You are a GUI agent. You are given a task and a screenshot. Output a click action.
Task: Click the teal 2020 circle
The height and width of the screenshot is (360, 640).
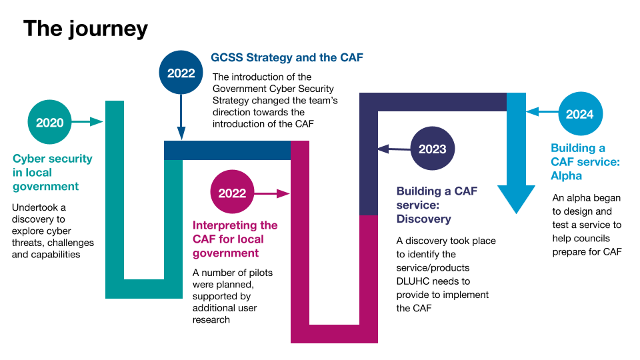pyautogui.click(x=49, y=122)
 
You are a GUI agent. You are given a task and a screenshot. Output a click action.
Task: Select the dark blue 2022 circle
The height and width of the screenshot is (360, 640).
pyautogui.click(x=181, y=73)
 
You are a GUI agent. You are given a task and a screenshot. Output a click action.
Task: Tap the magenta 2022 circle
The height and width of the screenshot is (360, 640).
pyautogui.click(x=232, y=192)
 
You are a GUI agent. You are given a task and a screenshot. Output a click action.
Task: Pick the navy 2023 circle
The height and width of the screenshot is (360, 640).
pyautogui.click(x=432, y=149)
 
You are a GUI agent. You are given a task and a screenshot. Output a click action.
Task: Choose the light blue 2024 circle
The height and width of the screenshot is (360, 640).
pyautogui.click(x=580, y=114)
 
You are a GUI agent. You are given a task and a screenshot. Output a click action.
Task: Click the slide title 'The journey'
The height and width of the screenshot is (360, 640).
pyautogui.click(x=86, y=29)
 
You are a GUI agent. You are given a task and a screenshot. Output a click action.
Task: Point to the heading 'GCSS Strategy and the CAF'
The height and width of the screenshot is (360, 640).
pyautogui.click(x=287, y=57)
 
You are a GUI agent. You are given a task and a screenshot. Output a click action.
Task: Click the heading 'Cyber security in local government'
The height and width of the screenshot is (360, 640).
pyautogui.click(x=52, y=172)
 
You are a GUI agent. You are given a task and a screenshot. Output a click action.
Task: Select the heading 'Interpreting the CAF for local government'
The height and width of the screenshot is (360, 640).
pyautogui.click(x=235, y=239)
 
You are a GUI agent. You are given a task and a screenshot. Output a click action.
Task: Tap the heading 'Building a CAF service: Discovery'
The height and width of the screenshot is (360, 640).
pyautogui.click(x=437, y=205)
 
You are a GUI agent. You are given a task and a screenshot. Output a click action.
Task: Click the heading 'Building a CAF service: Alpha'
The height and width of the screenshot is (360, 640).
pyautogui.click(x=585, y=161)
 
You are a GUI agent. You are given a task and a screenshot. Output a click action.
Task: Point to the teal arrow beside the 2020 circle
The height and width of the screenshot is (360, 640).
pyautogui.click(x=87, y=121)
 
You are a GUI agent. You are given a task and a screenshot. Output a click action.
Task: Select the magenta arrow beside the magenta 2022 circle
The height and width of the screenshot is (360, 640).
pyautogui.click(x=272, y=193)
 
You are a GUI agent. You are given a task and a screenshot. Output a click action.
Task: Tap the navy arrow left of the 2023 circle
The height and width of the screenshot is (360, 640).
pyautogui.click(x=394, y=149)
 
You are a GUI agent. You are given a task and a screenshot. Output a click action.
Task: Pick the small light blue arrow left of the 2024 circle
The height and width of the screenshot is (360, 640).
pyautogui.click(x=542, y=111)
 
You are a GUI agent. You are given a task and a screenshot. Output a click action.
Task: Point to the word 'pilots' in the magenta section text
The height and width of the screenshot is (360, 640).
pyautogui.click(x=261, y=273)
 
